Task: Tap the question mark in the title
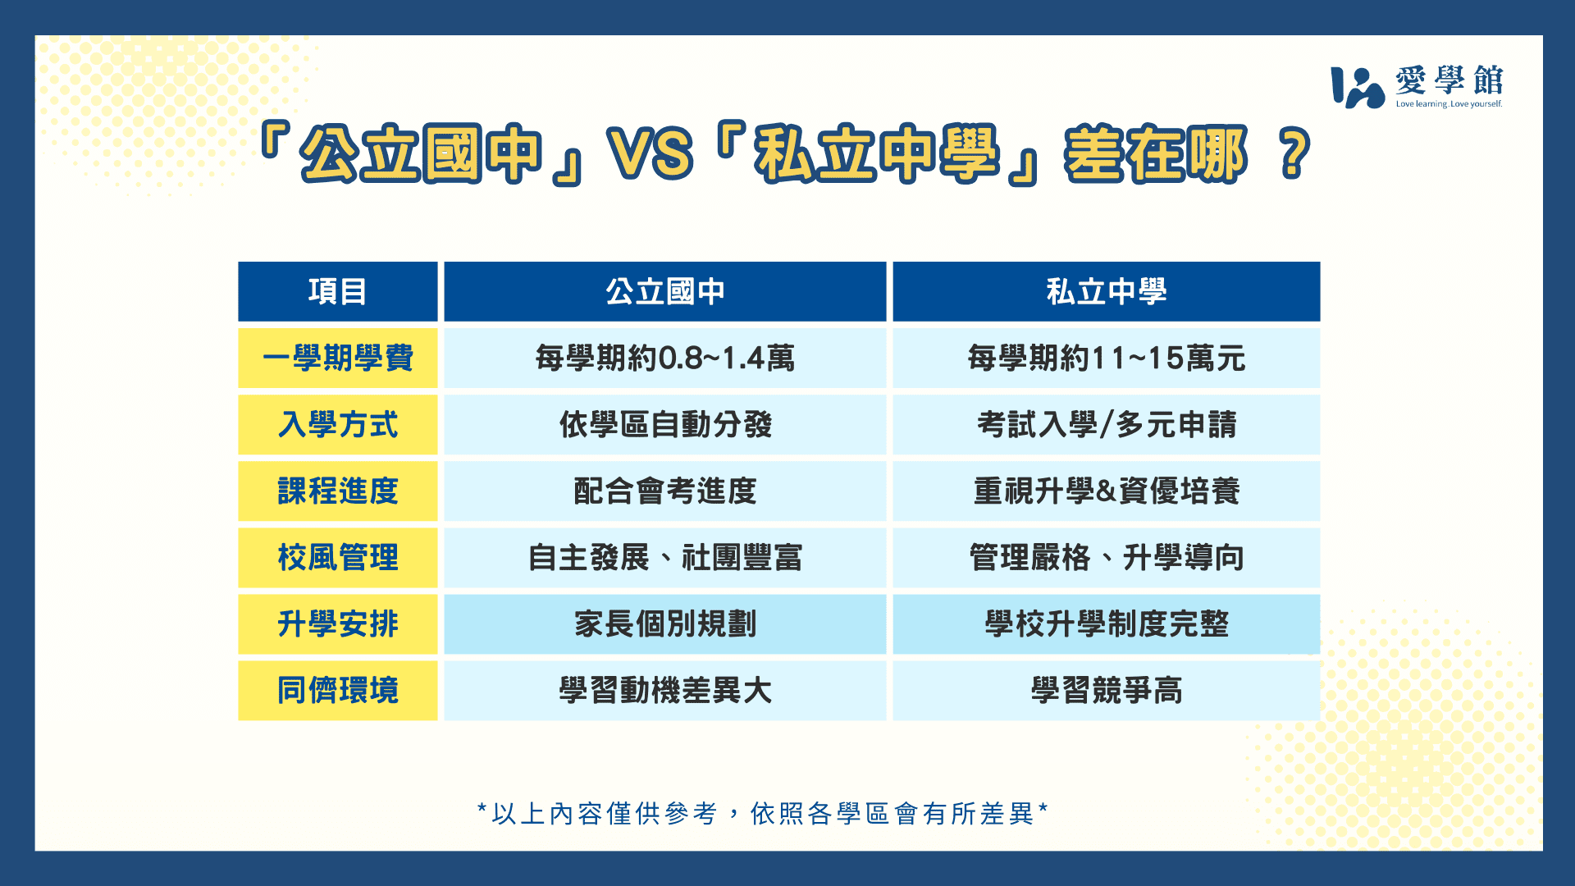point(1294,153)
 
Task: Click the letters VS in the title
point(650,153)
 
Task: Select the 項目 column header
point(338,291)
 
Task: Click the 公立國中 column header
point(665,291)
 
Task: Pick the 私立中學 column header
point(1107,291)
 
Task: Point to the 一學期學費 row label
point(338,358)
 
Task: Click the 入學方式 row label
point(338,424)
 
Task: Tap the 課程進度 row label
point(338,491)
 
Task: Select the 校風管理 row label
point(338,557)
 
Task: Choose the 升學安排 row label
point(338,623)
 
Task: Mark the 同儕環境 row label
point(338,690)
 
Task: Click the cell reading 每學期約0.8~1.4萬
point(665,358)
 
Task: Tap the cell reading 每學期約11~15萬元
point(1107,358)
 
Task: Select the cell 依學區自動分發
point(665,424)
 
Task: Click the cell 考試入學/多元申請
point(1107,424)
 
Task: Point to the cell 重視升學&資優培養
point(1107,491)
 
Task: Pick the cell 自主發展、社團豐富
point(665,557)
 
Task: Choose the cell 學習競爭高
point(1107,690)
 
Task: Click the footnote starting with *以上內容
point(763,813)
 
